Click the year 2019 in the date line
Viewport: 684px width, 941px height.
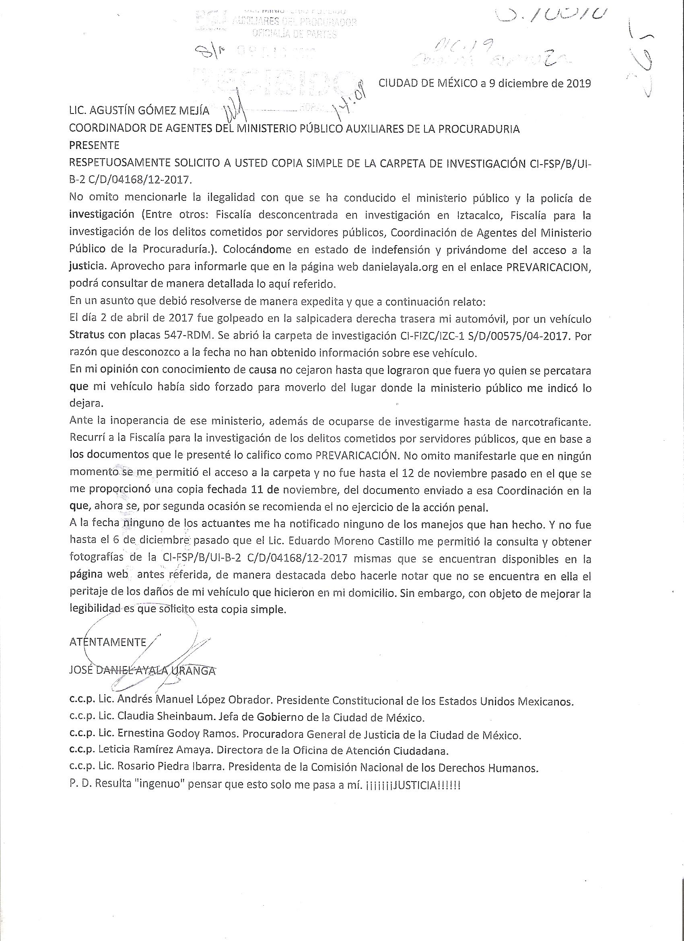coord(577,83)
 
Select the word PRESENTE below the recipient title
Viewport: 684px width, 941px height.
coord(94,146)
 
